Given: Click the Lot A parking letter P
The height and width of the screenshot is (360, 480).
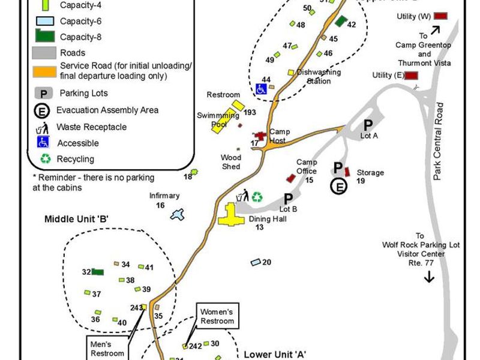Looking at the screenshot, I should [x=368, y=124].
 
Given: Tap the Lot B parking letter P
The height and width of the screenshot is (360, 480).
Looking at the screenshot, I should [x=288, y=199].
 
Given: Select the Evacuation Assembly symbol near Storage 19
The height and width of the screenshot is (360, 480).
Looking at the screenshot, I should [x=339, y=186].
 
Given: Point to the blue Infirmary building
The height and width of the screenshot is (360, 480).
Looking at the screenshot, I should [x=176, y=214].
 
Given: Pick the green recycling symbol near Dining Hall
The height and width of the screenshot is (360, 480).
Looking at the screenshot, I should [x=257, y=197].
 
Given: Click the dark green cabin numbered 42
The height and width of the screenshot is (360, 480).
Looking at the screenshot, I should [x=341, y=22].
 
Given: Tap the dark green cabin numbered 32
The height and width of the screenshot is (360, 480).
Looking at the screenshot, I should [x=98, y=272].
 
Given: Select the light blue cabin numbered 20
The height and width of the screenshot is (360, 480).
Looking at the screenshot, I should [x=256, y=262].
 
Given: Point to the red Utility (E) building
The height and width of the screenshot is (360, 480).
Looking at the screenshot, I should [x=411, y=75].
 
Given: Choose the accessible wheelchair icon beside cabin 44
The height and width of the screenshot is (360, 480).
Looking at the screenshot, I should [x=262, y=89].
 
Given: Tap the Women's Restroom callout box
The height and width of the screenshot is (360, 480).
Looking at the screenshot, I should [x=217, y=316].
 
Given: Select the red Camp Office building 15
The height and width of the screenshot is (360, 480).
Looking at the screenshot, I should [x=291, y=178].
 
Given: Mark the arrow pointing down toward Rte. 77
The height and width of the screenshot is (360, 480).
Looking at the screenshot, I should [x=429, y=277].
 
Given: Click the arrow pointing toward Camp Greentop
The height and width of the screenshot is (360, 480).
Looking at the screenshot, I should [x=434, y=30].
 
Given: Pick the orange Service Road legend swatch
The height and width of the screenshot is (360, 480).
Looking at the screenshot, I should [x=44, y=71].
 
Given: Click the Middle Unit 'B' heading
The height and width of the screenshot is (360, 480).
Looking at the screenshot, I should [x=76, y=219].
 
